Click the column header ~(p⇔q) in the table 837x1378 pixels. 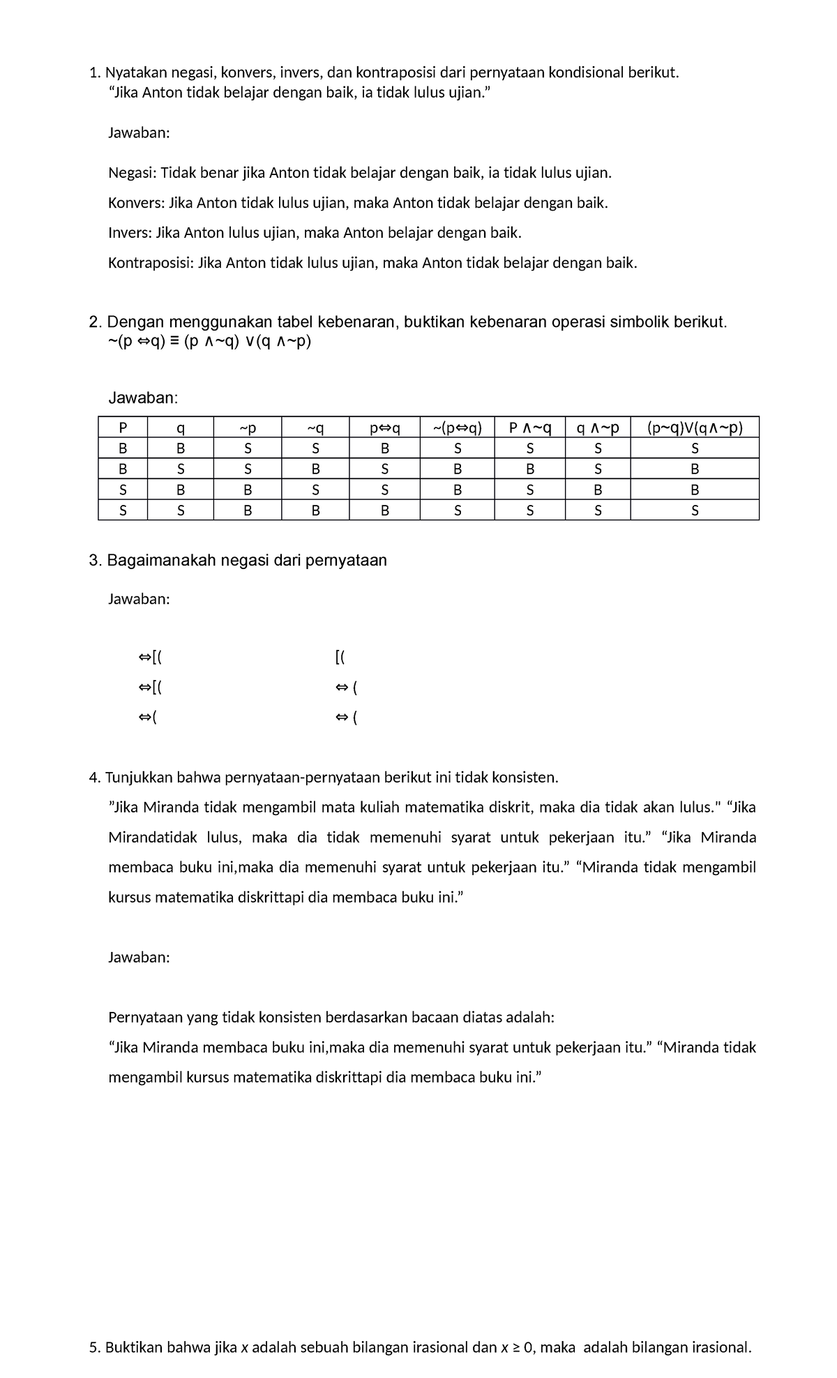457,427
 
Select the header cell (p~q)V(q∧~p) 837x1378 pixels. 694,427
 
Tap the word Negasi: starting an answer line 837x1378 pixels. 133,173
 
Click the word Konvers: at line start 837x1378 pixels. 137,203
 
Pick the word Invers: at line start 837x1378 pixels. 130,233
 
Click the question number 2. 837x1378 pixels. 95,322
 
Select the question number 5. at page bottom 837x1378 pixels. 96,1347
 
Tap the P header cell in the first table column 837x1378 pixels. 123,427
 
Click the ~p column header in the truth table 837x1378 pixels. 248,427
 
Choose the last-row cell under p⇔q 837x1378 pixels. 384,510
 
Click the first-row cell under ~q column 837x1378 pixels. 315,448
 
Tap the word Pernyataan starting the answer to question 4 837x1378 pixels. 144,1017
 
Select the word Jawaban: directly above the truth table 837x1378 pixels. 143,397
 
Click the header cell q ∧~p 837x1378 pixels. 597,427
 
